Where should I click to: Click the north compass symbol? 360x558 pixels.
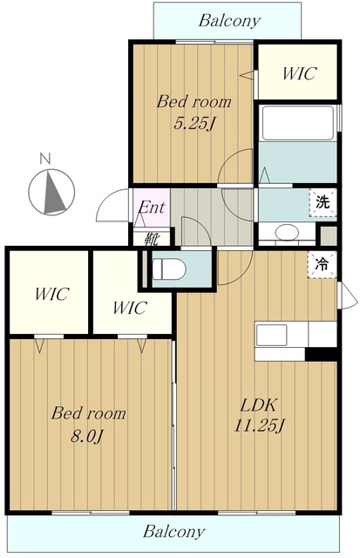[x=51, y=192]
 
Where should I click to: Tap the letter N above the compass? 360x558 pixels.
[x=45, y=159]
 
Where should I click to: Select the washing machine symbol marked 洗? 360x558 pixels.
[x=323, y=202]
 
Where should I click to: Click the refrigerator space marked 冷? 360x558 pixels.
[x=322, y=264]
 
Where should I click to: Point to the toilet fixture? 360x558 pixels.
[x=168, y=269]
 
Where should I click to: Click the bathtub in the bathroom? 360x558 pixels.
[x=297, y=123]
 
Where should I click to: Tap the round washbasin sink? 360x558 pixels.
[x=288, y=233]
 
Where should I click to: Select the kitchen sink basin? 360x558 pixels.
[x=272, y=335]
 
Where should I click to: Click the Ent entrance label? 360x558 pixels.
[x=152, y=208]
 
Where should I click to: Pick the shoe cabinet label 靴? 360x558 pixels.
[x=152, y=240]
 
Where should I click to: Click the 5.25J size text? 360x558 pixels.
[x=194, y=124]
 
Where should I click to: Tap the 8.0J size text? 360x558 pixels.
[x=87, y=436]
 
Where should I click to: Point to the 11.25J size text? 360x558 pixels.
[x=260, y=425]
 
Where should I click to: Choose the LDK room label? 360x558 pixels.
[x=259, y=405]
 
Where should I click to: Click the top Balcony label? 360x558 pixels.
[x=229, y=21]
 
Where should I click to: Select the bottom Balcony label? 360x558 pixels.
[x=174, y=532]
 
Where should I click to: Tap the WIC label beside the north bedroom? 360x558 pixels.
[x=299, y=73]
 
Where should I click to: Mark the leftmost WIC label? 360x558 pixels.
[x=52, y=294]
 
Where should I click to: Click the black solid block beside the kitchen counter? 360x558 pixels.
[x=321, y=354]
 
